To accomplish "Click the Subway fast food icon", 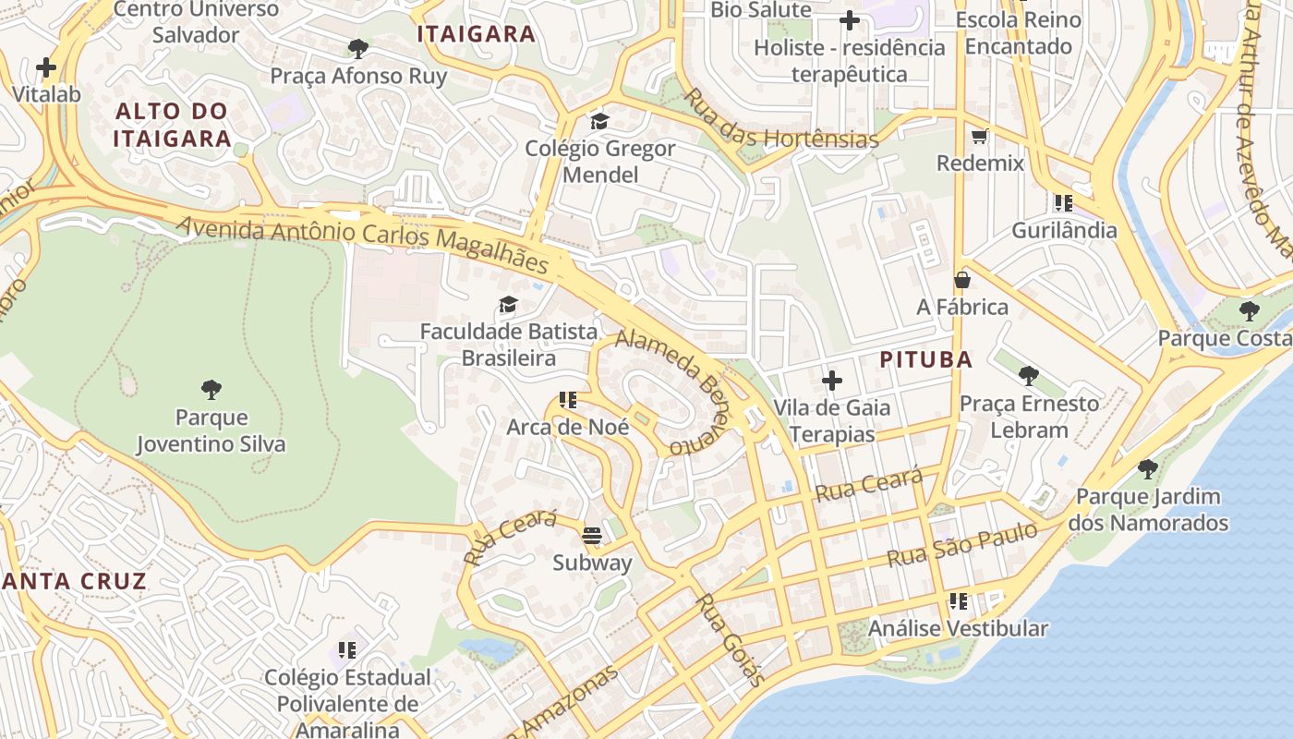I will pyautogui.click(x=592, y=535).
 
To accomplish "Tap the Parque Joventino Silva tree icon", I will pyautogui.click(x=211, y=389).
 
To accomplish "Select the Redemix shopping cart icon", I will pyautogui.click(x=980, y=136).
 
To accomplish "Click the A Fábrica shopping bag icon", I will pyautogui.click(x=962, y=279).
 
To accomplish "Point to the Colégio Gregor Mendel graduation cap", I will pyautogui.click(x=599, y=121).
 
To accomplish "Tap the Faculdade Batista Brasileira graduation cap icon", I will pyautogui.click(x=507, y=304).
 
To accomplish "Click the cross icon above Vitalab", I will pyautogui.click(x=46, y=67).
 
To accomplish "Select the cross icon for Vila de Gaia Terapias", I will pyautogui.click(x=832, y=380).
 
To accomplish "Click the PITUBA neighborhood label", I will pyautogui.click(x=925, y=360).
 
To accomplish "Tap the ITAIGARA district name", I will pyautogui.click(x=476, y=34).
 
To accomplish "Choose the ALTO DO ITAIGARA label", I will pyautogui.click(x=173, y=126).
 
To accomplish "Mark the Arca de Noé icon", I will pyautogui.click(x=567, y=400).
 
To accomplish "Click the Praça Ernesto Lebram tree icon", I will pyautogui.click(x=1029, y=376).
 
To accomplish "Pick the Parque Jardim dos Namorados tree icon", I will pyautogui.click(x=1148, y=469).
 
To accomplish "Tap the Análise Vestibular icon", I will pyautogui.click(x=959, y=601).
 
